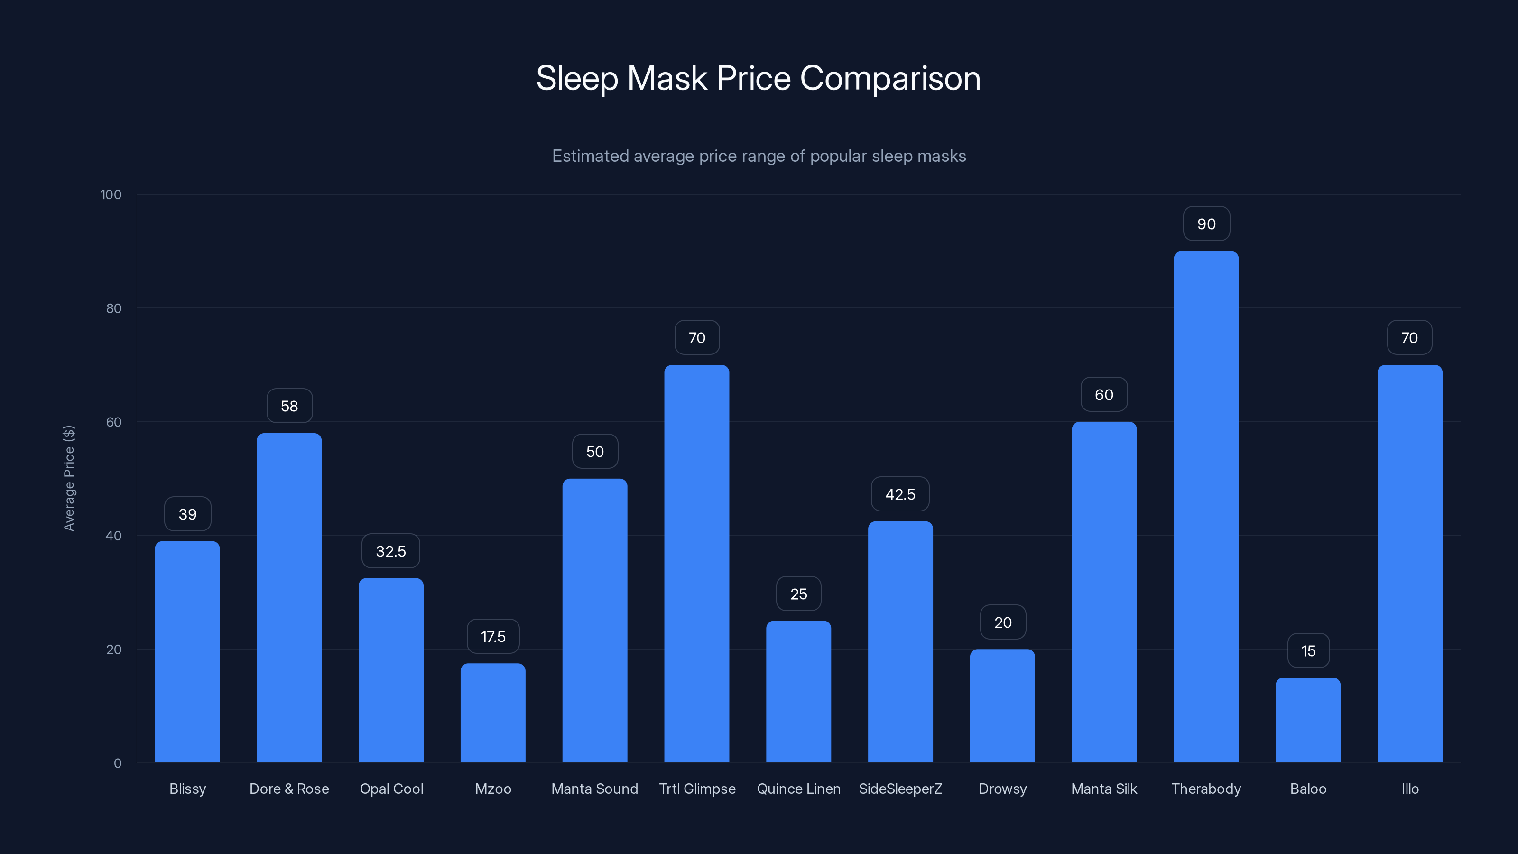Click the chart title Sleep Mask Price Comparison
coord(759,78)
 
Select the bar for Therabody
coord(1206,507)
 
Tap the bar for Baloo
coord(1308,720)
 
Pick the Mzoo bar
coord(493,713)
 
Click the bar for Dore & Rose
coord(289,598)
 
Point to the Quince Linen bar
coord(798,691)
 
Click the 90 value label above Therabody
coord(1206,224)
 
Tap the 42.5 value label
coord(900,494)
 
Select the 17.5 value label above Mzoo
coord(493,637)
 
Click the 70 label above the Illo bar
coord(1409,338)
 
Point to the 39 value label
coord(187,514)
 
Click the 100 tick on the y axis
coord(111,195)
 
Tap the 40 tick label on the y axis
coord(113,536)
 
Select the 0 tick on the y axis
coord(117,763)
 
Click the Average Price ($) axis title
coord(69,478)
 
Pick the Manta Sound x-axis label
coord(594,789)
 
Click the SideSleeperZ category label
coord(900,789)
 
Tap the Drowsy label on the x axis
coord(1002,789)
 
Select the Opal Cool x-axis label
coord(391,789)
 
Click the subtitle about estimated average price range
coord(759,156)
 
